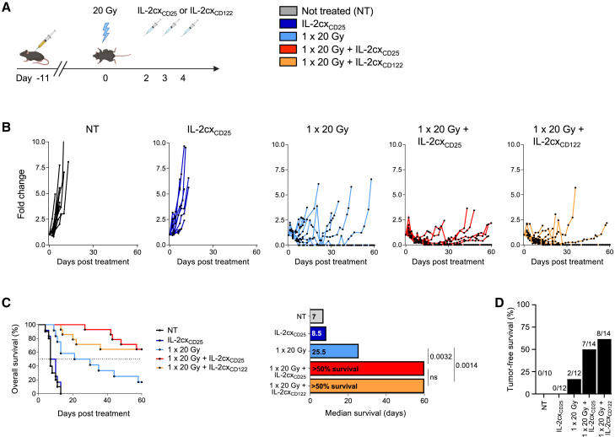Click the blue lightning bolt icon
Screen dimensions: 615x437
[105, 32]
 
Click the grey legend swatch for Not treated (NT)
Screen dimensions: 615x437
[289, 11]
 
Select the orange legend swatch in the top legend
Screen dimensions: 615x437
[289, 62]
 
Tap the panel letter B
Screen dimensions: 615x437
[6, 127]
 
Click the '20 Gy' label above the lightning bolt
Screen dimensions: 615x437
[105, 11]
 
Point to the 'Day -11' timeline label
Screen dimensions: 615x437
[33, 78]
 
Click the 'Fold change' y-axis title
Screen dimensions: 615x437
[21, 194]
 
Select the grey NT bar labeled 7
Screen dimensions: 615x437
[317, 316]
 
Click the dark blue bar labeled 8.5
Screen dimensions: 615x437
[318, 334]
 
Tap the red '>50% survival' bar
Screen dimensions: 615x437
[367, 369]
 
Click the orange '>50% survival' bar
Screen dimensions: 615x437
[367, 386]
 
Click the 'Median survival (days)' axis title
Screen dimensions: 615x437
[365, 413]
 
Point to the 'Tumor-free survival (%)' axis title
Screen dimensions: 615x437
[510, 348]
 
